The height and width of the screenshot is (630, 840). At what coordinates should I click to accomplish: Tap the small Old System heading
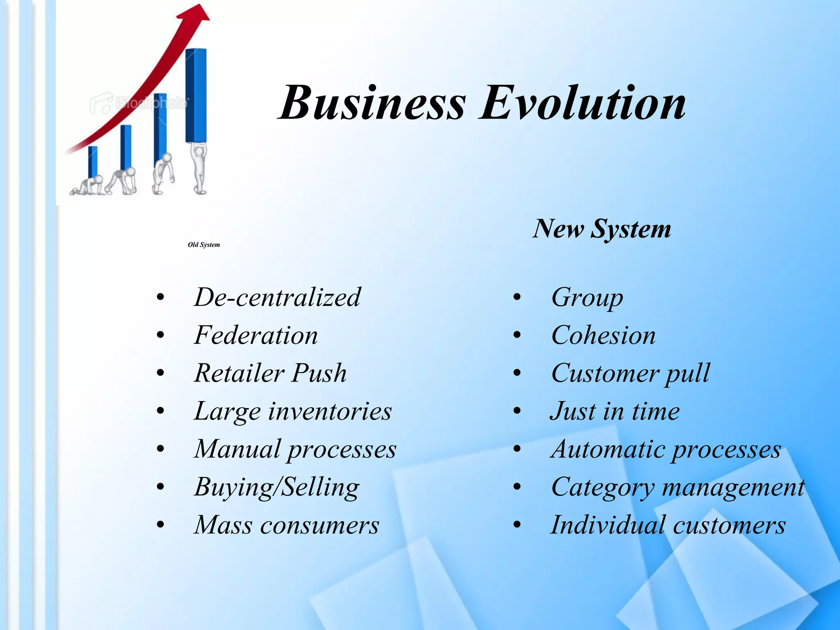coord(204,245)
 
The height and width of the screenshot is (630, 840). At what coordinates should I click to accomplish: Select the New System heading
coord(602,229)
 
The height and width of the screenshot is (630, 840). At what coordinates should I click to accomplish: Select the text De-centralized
coord(277,297)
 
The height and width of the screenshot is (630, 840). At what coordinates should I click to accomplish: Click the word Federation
coord(256,335)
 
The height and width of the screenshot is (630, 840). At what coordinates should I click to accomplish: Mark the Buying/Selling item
coord(277,487)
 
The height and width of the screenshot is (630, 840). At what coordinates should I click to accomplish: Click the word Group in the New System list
coord(587,298)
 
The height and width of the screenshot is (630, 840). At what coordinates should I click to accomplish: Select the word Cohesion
coord(603,335)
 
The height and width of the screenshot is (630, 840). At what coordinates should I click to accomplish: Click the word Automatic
coord(607,449)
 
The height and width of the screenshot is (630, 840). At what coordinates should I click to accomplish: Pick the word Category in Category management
coord(603,488)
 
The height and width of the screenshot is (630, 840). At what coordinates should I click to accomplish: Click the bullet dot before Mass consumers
coord(160,525)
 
